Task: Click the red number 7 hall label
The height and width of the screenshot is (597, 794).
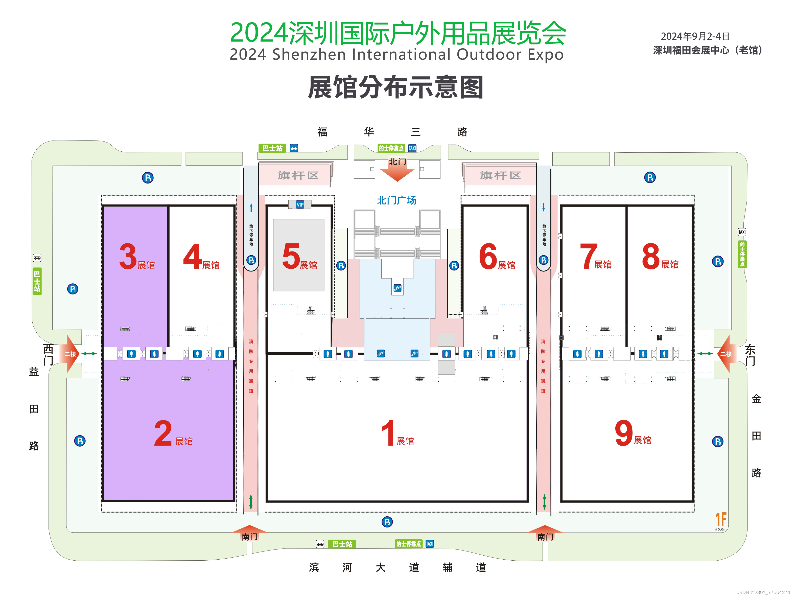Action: (x=589, y=256)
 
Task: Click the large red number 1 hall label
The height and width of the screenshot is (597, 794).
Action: (x=388, y=433)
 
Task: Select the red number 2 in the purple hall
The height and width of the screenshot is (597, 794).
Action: (x=163, y=433)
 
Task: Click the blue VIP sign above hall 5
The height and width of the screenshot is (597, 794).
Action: (x=300, y=205)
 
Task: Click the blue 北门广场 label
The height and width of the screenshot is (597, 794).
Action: (x=397, y=200)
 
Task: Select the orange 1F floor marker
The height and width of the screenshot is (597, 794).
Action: (x=721, y=519)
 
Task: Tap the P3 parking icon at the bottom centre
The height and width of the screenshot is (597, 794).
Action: (x=387, y=522)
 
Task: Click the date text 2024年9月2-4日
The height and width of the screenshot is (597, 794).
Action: (x=695, y=36)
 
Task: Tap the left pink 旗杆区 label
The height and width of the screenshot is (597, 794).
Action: (x=298, y=175)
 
